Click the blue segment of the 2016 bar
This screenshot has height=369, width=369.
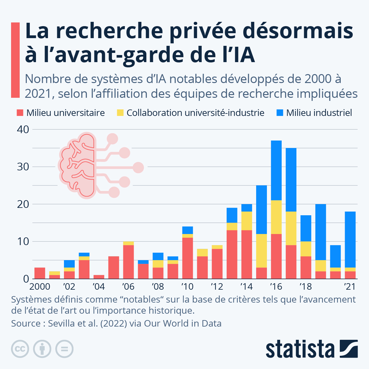(276, 170)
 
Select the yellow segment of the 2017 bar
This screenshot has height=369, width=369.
(291, 228)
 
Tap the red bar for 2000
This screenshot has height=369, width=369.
(40, 273)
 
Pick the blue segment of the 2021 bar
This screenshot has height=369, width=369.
(350, 239)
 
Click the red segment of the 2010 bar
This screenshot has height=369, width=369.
(188, 258)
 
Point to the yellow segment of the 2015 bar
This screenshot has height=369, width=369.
(262, 251)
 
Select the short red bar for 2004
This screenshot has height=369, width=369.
(99, 277)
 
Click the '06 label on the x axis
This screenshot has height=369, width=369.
(128, 287)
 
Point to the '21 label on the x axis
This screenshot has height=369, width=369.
(349, 287)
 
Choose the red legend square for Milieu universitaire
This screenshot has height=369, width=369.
(20, 113)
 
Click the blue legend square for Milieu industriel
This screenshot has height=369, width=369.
(280, 113)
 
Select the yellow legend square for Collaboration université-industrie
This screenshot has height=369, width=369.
(120, 113)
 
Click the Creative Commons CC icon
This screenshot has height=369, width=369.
(20, 349)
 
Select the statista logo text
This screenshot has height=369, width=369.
(300, 349)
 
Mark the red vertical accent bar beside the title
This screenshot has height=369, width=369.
(15, 60)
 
